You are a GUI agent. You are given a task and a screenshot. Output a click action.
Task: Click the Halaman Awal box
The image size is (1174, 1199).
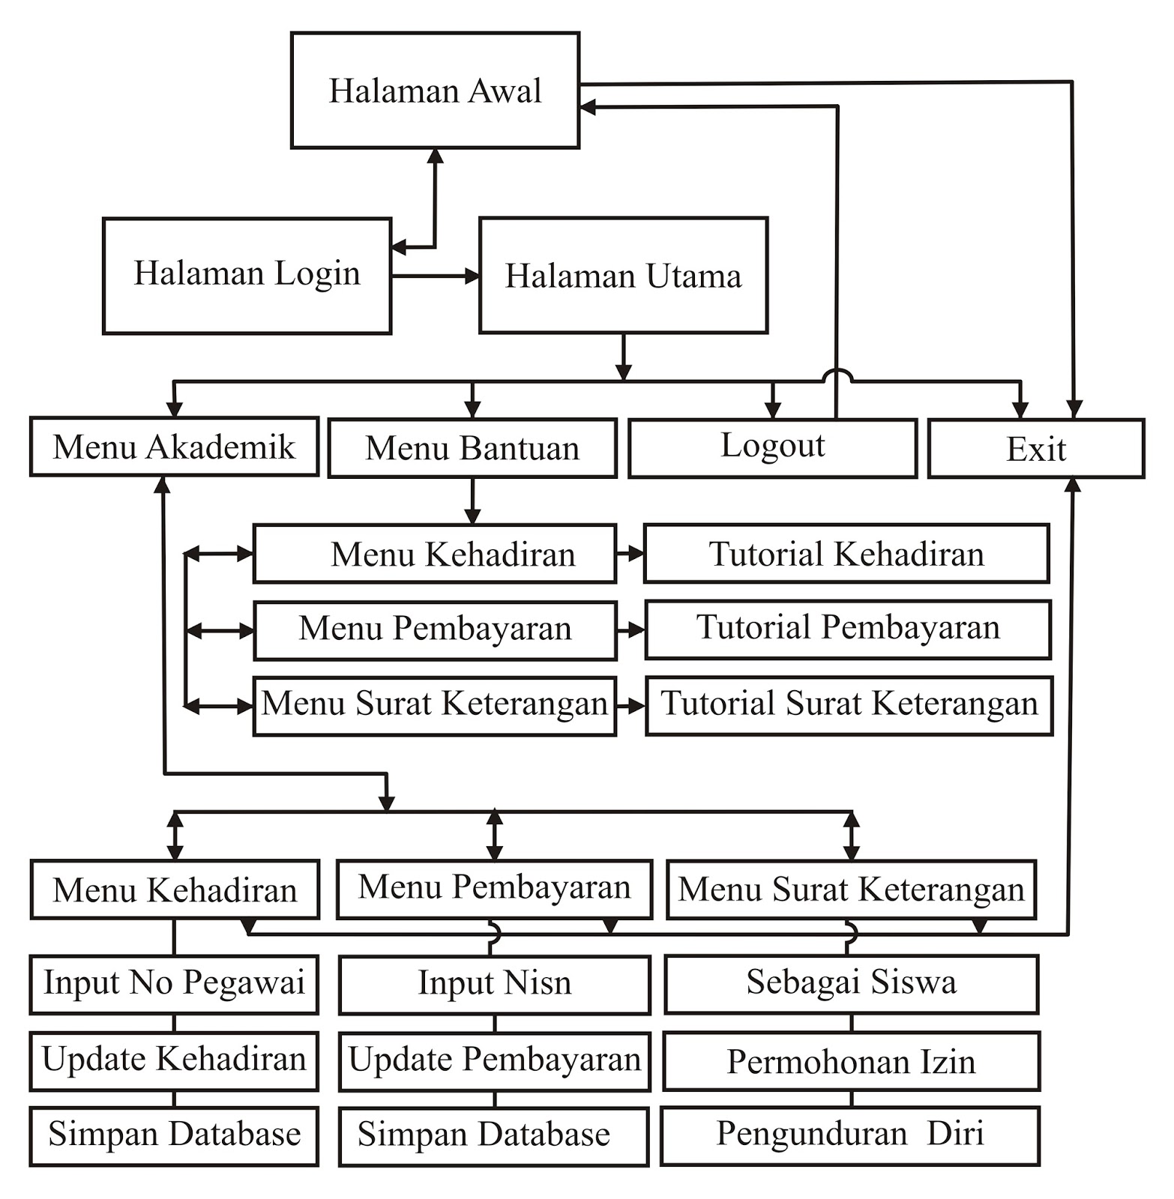pos(435,91)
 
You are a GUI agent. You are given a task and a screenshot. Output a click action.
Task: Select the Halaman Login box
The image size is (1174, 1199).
pos(247,275)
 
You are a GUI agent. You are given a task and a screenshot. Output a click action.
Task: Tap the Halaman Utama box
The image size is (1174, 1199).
pos(623,275)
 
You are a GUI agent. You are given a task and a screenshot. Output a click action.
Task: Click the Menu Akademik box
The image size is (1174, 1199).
pos(174,447)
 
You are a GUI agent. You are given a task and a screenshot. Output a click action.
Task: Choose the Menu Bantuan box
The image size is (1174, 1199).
pos(472,448)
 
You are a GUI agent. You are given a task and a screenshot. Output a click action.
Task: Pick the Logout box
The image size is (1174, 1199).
pos(772,448)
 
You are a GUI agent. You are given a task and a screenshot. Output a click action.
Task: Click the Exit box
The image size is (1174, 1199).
pos(1036,448)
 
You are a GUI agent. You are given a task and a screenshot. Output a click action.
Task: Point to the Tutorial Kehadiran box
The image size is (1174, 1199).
pos(846,554)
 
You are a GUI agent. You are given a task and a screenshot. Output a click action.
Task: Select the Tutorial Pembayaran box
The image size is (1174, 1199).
pos(848,629)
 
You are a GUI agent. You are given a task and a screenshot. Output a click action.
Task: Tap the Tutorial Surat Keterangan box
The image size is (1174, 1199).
pos(849,705)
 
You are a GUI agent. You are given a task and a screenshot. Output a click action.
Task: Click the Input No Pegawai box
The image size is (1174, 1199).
pos(174,983)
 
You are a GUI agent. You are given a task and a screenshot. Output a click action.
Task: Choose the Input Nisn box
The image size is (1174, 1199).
pos(494,984)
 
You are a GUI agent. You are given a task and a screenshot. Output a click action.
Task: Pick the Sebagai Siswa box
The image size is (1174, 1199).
pos(851,983)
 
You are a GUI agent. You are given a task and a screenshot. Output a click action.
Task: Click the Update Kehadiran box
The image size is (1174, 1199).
pos(174,1060)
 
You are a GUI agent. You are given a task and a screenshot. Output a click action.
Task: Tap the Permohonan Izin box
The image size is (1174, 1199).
pos(851,1061)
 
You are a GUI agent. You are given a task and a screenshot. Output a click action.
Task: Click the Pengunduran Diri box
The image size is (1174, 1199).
pos(850,1135)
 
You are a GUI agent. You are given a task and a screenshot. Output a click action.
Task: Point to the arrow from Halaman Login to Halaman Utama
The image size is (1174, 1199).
pos(435,276)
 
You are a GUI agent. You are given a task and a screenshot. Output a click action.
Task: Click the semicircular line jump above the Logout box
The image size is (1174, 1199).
pos(837,375)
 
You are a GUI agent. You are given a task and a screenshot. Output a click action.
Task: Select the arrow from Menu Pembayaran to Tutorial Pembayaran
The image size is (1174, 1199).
pos(630,630)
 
